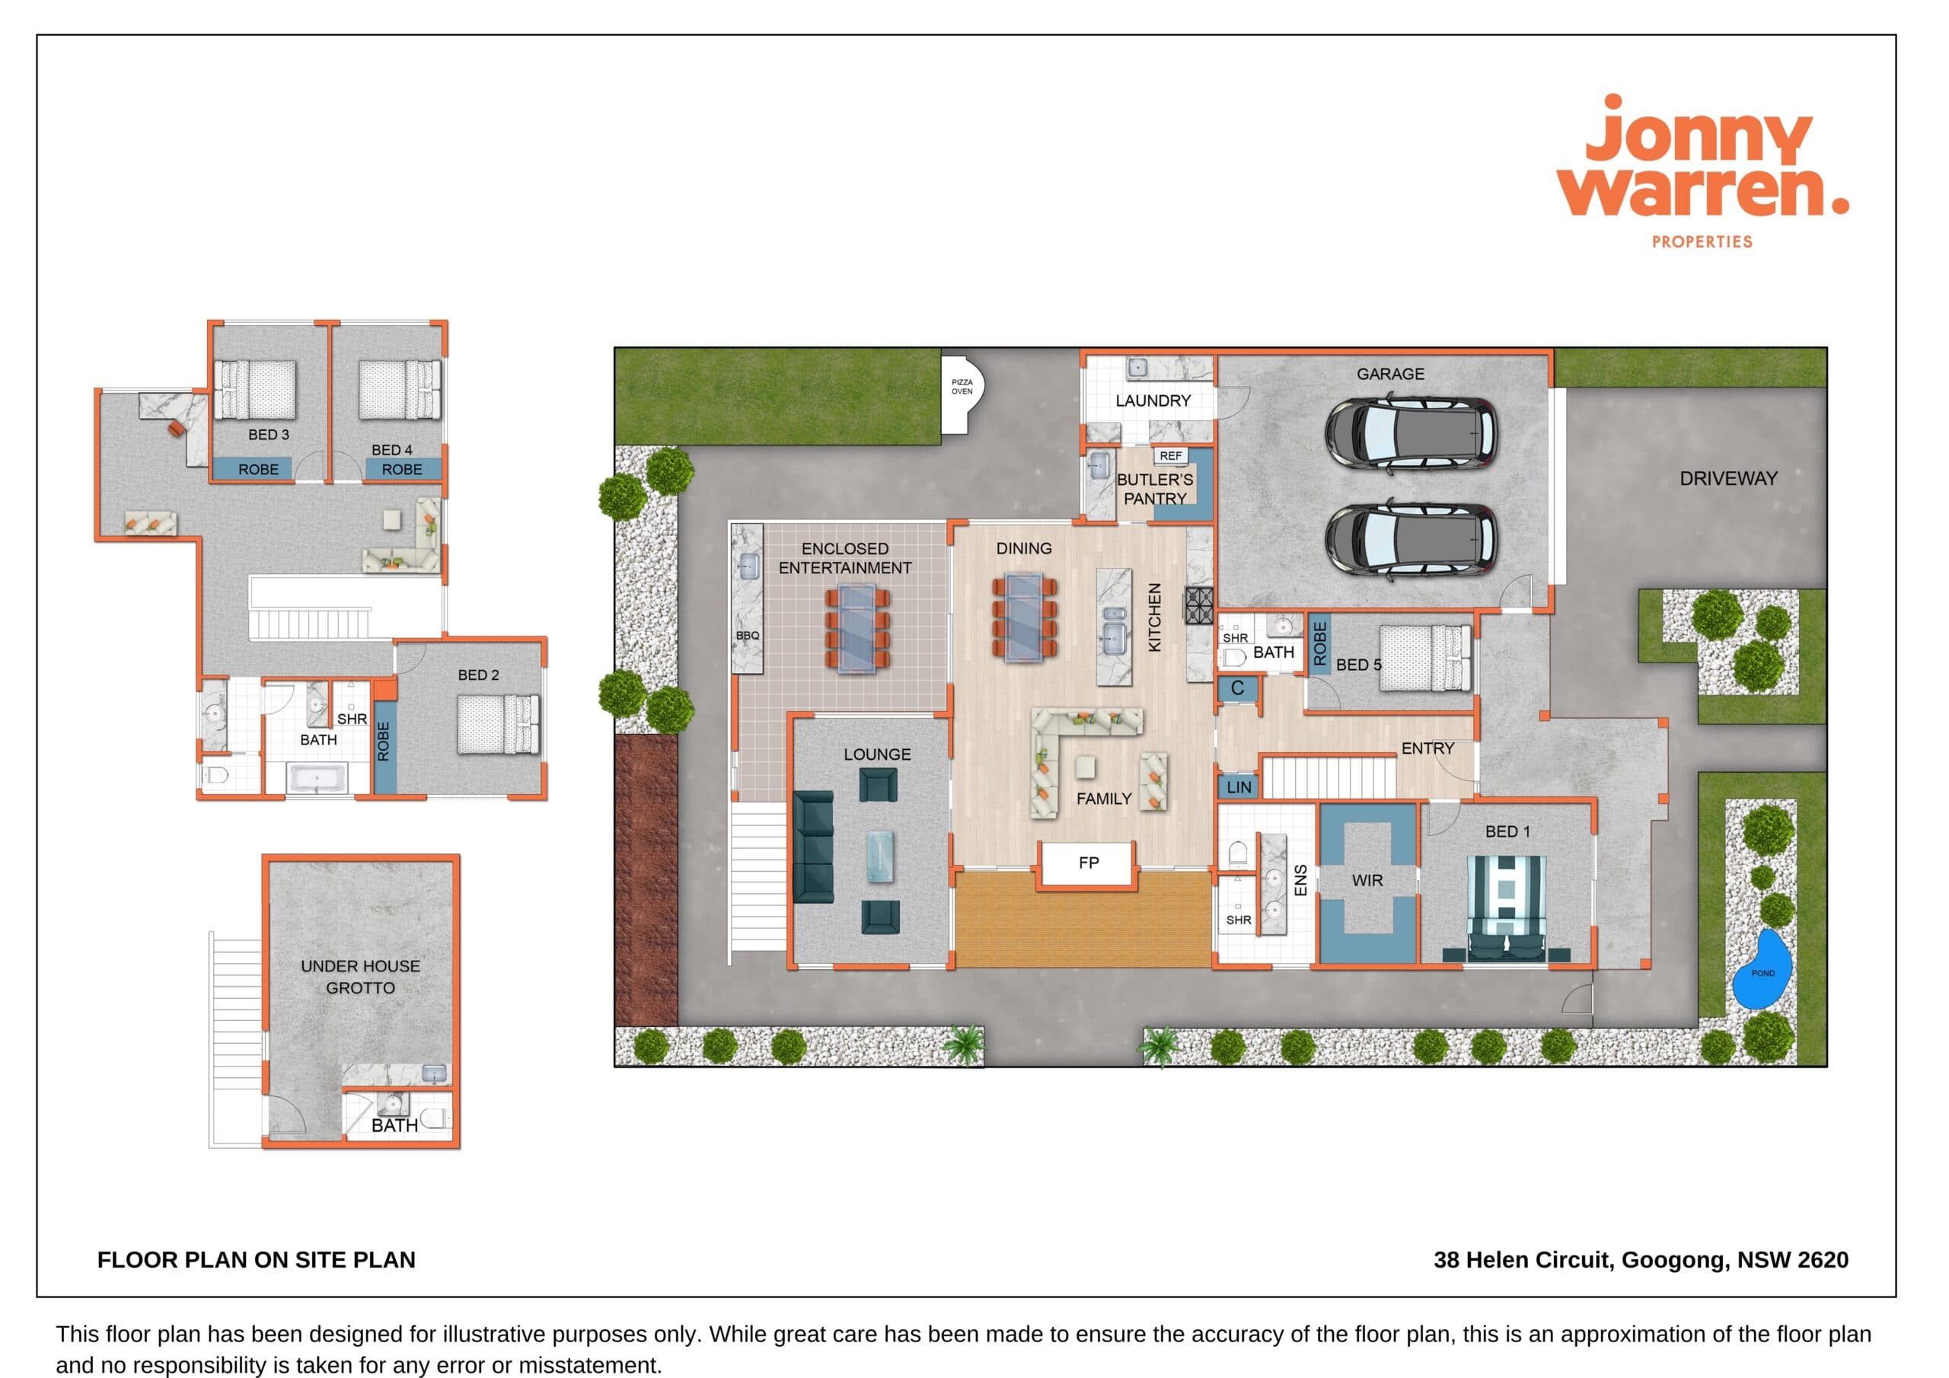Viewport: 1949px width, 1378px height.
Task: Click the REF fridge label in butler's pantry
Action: coord(1171,456)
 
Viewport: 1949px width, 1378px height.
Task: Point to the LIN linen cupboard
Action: coord(1239,787)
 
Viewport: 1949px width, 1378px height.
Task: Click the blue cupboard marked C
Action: coord(1238,688)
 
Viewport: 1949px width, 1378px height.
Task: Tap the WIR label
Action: coord(1367,880)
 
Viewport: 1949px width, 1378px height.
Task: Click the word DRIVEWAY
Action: coord(1728,479)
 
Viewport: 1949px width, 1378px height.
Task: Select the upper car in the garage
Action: coord(1411,433)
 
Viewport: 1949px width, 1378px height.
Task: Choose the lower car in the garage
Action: coord(1411,540)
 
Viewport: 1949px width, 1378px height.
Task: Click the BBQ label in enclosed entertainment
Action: coord(748,635)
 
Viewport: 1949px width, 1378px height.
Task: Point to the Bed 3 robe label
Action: coord(258,470)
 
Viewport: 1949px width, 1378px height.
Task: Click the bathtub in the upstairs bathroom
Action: coord(317,778)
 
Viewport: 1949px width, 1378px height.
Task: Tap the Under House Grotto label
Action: coord(361,977)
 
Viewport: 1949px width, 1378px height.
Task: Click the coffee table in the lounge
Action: coord(879,856)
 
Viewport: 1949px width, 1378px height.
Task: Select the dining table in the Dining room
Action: coord(1025,617)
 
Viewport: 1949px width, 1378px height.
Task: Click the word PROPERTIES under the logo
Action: coord(1702,242)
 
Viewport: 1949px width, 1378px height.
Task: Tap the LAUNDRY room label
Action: coord(1153,400)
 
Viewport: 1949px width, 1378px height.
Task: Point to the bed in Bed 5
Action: coord(1425,657)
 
